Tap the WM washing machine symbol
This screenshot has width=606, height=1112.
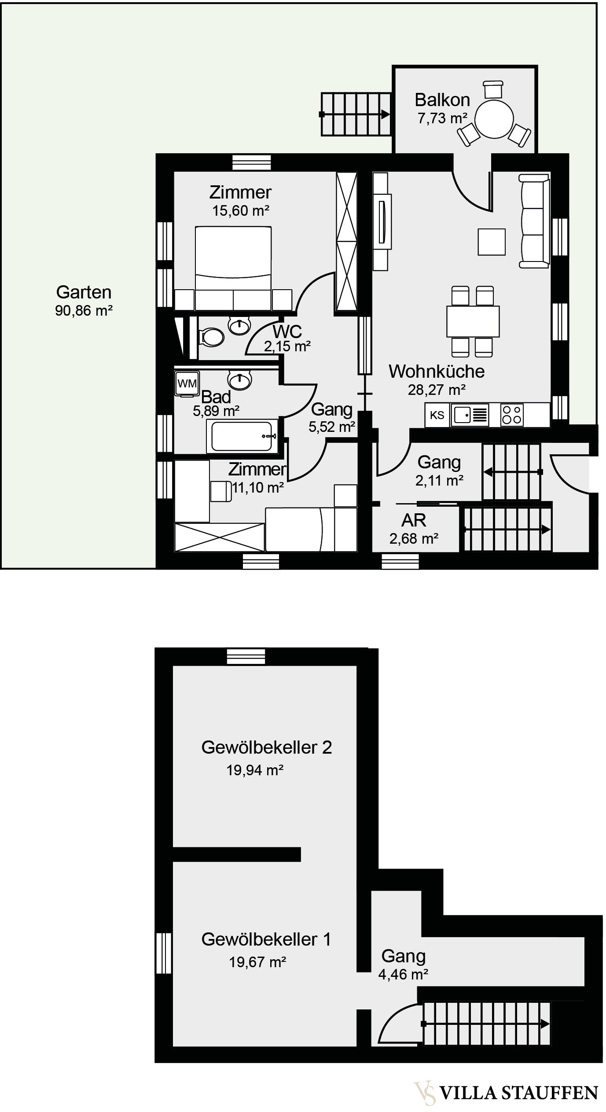click(x=187, y=383)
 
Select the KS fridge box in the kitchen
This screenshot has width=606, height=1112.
click(x=437, y=415)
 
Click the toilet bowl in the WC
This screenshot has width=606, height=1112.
click(x=212, y=338)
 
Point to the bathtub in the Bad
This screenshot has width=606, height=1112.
click(x=242, y=436)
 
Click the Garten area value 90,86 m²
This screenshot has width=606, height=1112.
click(x=84, y=311)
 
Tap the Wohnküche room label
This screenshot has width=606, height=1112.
click(x=437, y=372)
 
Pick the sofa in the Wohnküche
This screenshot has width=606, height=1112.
click(x=534, y=221)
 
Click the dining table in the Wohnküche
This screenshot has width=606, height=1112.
click(x=473, y=321)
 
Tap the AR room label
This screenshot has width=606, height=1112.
click(x=414, y=520)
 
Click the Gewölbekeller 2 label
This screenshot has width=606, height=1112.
click(x=266, y=747)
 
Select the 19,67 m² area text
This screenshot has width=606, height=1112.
click(x=257, y=962)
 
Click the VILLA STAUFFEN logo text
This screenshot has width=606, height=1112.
click(x=518, y=1093)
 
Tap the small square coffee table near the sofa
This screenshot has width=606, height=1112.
click(x=492, y=242)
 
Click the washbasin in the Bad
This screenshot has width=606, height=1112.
click(x=240, y=380)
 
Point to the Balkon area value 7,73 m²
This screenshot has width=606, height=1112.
click(x=442, y=118)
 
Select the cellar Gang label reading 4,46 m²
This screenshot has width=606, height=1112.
click(x=403, y=974)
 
